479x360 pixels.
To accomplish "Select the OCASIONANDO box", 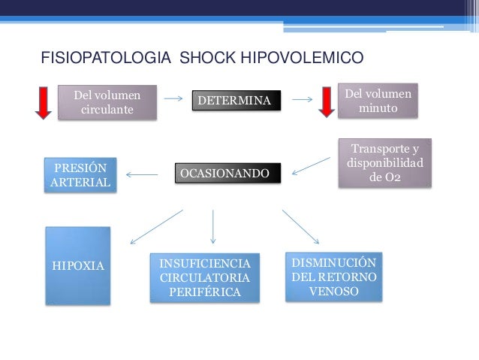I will tap(227, 174).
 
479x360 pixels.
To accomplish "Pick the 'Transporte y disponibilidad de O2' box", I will tap(384, 163).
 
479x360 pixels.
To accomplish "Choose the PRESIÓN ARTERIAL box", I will tap(80, 175).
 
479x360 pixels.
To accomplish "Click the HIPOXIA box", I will tap(77, 266).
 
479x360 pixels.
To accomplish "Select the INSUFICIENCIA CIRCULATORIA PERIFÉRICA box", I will tap(204, 277).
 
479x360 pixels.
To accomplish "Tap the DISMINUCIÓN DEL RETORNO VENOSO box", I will tap(333, 275).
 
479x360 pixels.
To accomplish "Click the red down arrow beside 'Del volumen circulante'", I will tap(44, 102).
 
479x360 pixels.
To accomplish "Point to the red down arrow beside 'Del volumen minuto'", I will tap(327, 102).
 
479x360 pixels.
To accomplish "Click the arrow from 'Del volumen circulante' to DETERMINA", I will tap(173, 98).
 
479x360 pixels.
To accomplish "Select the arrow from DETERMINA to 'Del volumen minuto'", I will tap(302, 98).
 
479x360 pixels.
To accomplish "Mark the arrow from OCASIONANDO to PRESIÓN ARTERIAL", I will tap(141, 176).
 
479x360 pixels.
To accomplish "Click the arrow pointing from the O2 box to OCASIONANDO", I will tap(310, 166).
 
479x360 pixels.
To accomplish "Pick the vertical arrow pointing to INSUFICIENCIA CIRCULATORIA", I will tap(213, 225).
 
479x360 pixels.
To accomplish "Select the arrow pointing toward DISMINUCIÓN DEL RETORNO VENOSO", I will tap(301, 226).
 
